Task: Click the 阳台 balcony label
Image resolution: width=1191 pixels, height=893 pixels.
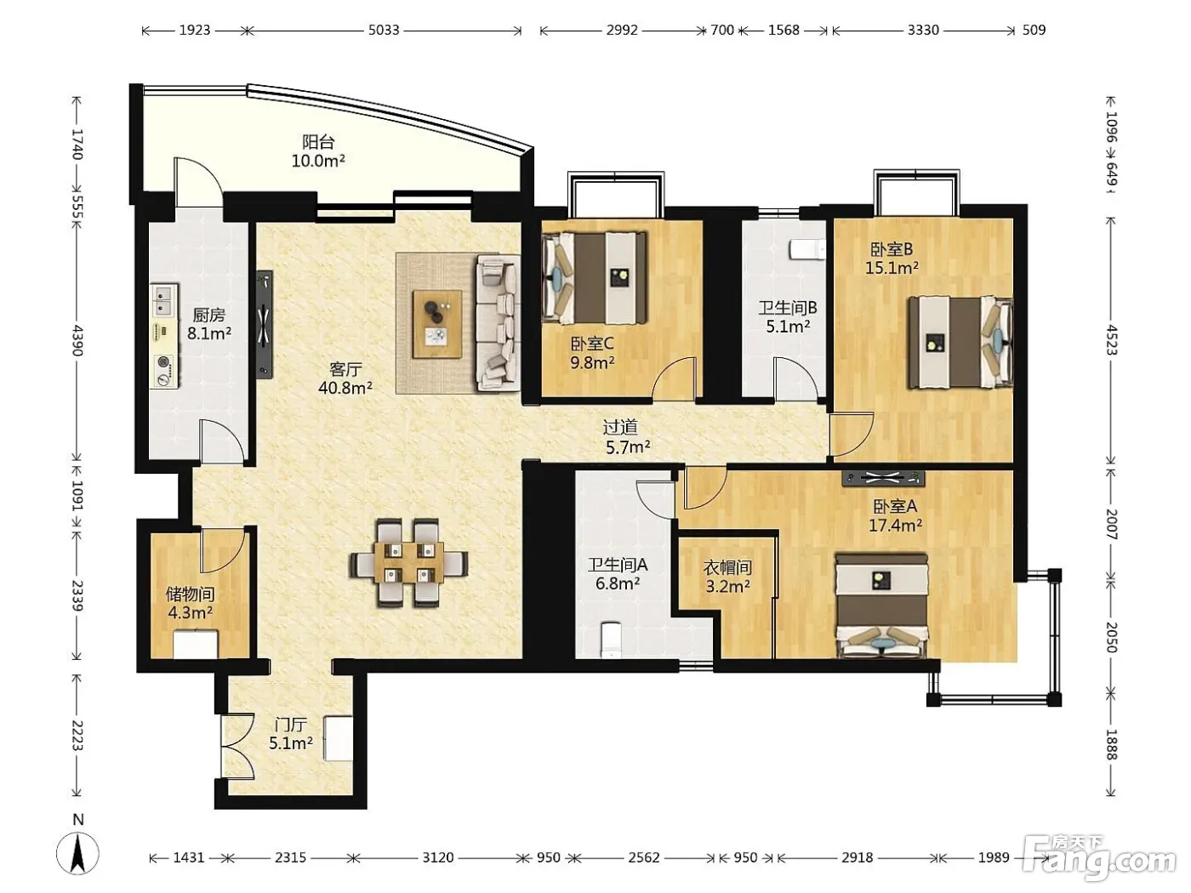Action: click(x=318, y=142)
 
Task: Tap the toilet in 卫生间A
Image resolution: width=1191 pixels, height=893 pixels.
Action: click(x=611, y=640)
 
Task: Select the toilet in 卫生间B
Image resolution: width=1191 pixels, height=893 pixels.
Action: click(x=808, y=249)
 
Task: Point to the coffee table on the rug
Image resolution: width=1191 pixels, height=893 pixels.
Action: click(x=437, y=324)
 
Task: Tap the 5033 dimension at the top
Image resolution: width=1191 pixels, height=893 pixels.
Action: click(x=384, y=31)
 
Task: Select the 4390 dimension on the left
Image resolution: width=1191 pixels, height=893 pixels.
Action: click(x=77, y=340)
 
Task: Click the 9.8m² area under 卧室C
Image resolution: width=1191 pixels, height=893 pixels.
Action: click(x=592, y=361)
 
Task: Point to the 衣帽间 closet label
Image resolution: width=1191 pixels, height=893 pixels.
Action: click(x=727, y=567)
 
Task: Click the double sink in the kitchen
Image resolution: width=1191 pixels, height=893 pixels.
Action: click(x=164, y=300)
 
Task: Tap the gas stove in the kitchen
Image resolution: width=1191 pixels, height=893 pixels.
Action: click(x=164, y=370)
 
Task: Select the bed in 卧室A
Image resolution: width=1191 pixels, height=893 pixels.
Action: click(x=881, y=606)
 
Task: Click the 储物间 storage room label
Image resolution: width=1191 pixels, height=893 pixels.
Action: click(x=190, y=594)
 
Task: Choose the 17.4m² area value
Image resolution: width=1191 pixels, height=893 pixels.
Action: click(x=895, y=525)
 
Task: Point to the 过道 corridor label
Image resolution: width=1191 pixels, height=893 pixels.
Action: click(x=620, y=427)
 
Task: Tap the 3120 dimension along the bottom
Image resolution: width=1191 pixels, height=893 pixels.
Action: click(x=438, y=857)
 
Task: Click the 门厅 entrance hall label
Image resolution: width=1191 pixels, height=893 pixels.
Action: click(x=291, y=725)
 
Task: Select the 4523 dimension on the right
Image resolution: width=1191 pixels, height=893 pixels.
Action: click(x=1111, y=340)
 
